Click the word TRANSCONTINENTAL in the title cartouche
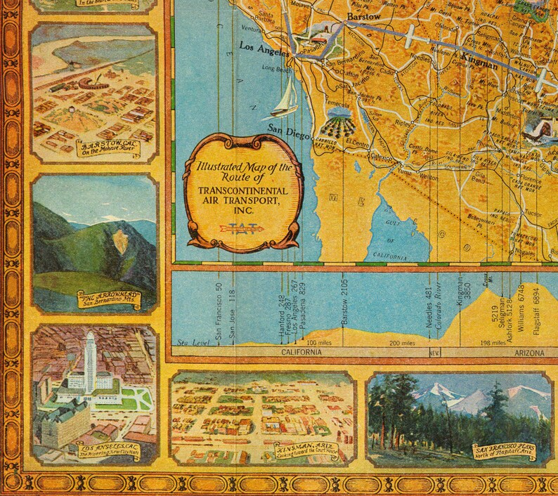[241, 190]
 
